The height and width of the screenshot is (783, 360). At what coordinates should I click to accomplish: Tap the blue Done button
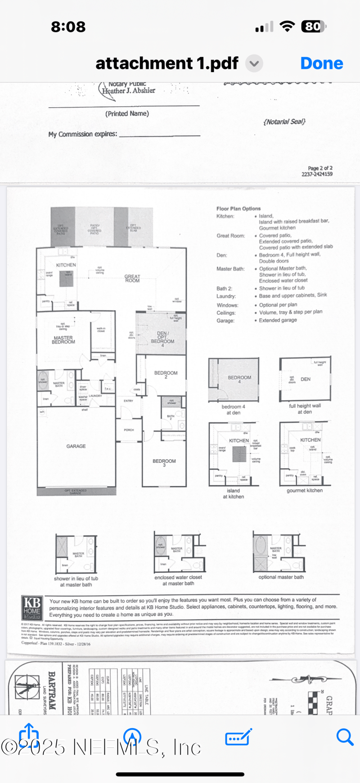(x=321, y=63)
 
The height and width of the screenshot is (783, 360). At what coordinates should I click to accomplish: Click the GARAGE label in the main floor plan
(x=76, y=446)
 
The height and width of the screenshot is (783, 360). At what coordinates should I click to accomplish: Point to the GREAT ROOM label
(x=132, y=278)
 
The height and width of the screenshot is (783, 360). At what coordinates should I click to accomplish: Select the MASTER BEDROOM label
(x=63, y=340)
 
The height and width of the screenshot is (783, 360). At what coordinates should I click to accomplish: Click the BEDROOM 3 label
(x=164, y=462)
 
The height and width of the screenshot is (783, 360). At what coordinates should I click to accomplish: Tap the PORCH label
(x=129, y=430)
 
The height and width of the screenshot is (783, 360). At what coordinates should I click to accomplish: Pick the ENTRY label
(x=129, y=401)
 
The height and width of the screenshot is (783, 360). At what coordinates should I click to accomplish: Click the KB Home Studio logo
(x=32, y=607)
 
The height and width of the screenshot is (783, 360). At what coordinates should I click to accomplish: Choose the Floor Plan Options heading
(x=238, y=208)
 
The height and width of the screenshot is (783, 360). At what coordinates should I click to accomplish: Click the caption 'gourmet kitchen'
(x=305, y=490)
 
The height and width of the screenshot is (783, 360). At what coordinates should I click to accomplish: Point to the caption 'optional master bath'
(x=281, y=577)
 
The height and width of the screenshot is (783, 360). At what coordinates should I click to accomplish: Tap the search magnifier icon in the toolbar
(x=345, y=737)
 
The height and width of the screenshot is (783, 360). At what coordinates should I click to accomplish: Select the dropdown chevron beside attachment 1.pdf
(x=254, y=63)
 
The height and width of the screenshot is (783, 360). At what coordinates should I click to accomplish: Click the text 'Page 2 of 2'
(x=320, y=168)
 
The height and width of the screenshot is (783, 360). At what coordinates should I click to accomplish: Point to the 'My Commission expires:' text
(x=83, y=134)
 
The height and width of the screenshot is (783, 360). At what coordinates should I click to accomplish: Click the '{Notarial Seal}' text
(x=284, y=122)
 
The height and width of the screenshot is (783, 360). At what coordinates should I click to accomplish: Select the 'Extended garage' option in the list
(x=278, y=320)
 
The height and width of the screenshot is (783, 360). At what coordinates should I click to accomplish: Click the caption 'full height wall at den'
(x=305, y=408)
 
